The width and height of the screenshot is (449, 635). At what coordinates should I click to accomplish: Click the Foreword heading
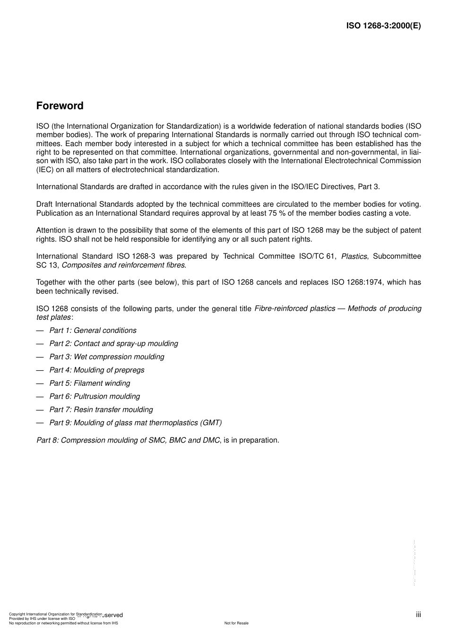(60, 106)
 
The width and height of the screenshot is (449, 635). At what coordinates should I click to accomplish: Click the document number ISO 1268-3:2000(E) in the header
(383, 26)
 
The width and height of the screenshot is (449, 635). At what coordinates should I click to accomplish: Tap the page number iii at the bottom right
(418, 615)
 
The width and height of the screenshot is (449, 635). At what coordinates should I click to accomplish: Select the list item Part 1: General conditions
(93, 331)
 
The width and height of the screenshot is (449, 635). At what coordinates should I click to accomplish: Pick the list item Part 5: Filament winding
(89, 383)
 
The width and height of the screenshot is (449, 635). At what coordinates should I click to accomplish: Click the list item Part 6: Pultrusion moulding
(95, 397)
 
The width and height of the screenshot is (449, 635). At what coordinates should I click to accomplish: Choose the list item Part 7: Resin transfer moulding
(101, 410)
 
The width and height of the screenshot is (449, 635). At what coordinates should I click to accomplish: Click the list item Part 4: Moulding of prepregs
(97, 370)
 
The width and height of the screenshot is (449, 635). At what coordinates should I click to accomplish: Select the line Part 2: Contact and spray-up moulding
(113, 344)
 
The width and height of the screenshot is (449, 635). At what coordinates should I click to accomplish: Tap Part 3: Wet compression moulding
(107, 357)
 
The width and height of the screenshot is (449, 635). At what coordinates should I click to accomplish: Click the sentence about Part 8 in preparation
(157, 440)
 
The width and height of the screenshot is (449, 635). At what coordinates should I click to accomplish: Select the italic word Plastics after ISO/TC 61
(354, 256)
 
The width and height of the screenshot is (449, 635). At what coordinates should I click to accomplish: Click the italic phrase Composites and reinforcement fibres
(123, 265)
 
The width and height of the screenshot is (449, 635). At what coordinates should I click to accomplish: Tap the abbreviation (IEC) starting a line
(45, 169)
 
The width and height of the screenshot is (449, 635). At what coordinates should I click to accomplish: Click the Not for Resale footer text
(236, 623)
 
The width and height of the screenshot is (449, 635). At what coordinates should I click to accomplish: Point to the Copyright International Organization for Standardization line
(55, 614)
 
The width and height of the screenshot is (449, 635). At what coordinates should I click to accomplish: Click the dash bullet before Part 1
(40, 331)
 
